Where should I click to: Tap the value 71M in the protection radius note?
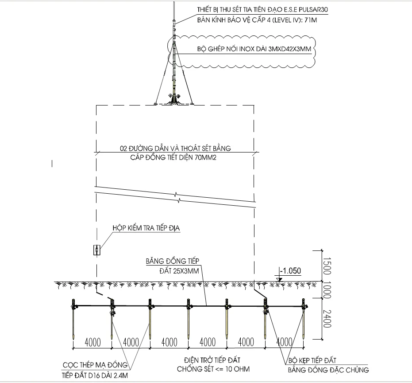[x=311, y=20]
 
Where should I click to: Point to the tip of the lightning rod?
[x=174, y=2]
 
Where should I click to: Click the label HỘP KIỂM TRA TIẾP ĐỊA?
[x=146, y=228]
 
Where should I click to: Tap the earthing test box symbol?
[x=97, y=250]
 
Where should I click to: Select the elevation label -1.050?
[x=290, y=271]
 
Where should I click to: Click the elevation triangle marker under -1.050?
[x=279, y=280]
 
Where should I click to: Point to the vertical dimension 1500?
[x=327, y=266]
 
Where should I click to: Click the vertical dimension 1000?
[x=327, y=290]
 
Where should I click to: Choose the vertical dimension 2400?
[x=327, y=319]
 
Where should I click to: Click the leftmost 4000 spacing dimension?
[x=92, y=342]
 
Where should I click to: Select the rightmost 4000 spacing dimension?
[x=284, y=342]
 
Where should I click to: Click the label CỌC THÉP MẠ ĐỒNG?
[x=95, y=365]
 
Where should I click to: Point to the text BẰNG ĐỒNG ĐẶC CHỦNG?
[x=328, y=370]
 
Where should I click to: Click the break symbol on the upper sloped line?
[x=176, y=195]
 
